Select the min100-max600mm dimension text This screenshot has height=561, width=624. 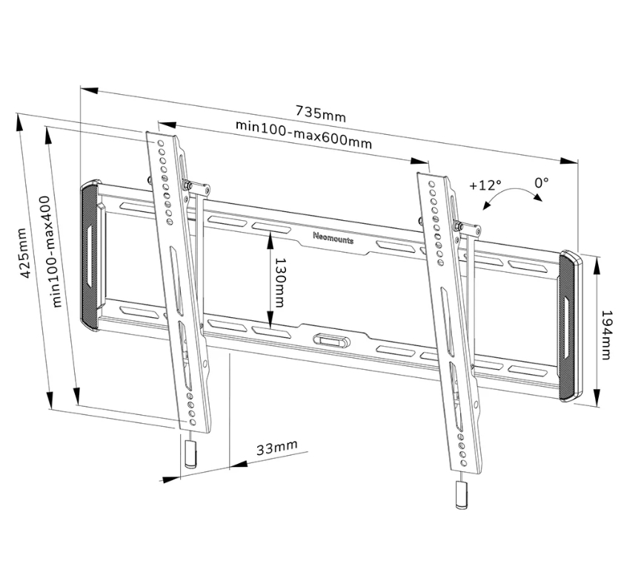[304, 134]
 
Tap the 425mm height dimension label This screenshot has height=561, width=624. [24, 253]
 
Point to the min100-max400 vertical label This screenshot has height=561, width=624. [51, 251]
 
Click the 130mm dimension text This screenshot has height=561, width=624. [280, 282]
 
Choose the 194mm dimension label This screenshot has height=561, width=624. [605, 335]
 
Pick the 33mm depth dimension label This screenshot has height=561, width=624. [276, 448]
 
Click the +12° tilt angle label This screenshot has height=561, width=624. [485, 185]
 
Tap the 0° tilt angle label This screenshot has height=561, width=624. [541, 182]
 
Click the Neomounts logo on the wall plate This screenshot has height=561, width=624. [333, 238]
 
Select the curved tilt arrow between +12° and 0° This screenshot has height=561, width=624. [511, 193]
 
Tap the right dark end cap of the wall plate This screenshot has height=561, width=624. [570, 325]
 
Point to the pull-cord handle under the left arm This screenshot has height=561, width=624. [190, 454]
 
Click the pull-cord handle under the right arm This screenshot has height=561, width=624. [462, 494]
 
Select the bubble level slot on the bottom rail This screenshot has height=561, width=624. [331, 341]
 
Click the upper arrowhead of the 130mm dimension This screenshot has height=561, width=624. [270, 241]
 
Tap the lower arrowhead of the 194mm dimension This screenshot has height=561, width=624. [596, 398]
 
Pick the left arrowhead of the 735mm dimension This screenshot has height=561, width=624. [89, 90]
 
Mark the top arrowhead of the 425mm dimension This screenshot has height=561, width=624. [19, 122]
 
